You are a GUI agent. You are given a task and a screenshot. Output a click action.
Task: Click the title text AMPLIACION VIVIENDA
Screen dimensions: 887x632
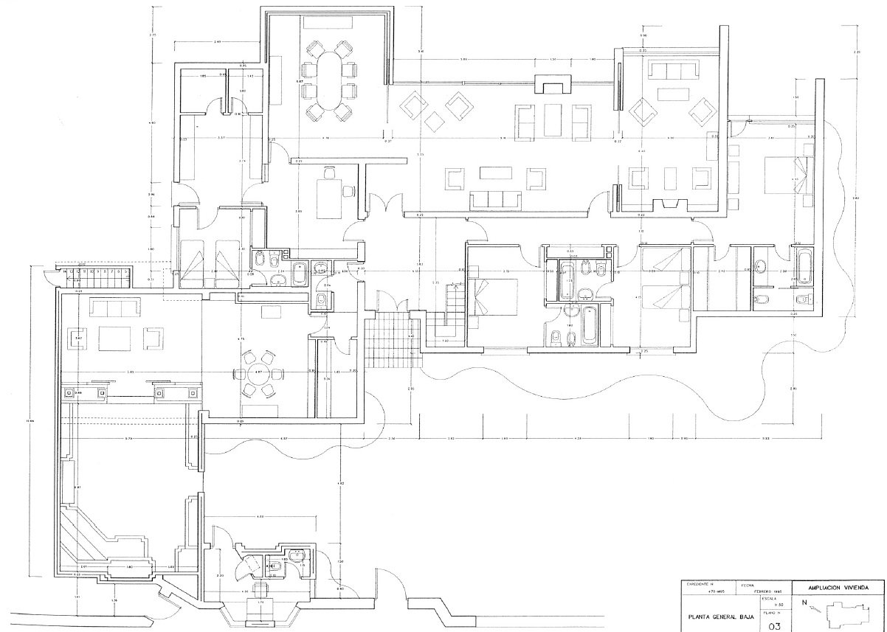[836, 588]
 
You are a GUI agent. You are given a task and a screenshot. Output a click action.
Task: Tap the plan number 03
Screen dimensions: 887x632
[774, 626]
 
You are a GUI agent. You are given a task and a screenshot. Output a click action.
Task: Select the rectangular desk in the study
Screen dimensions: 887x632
[330, 197]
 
